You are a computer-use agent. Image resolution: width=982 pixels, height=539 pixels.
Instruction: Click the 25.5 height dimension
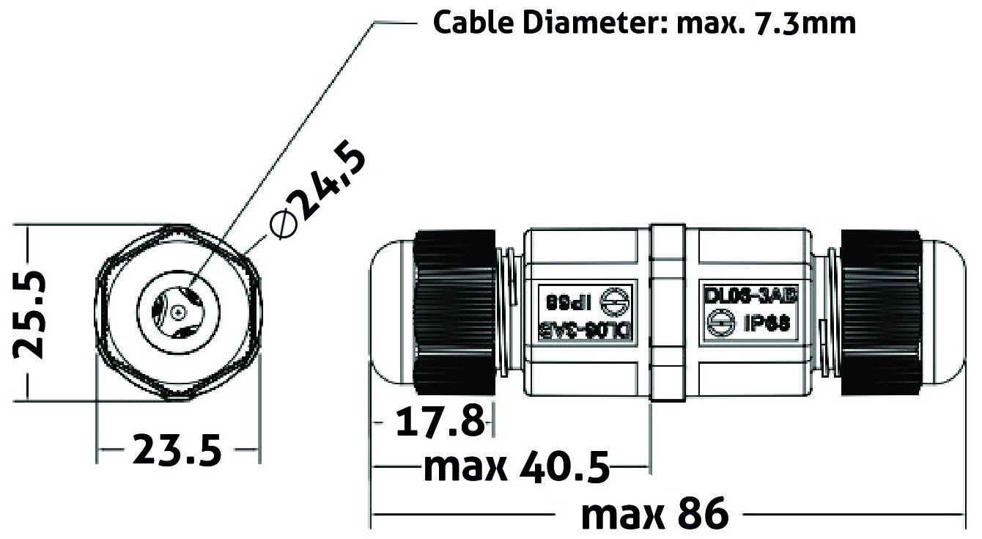click(x=31, y=314)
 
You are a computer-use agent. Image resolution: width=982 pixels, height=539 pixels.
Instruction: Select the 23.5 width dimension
click(x=177, y=450)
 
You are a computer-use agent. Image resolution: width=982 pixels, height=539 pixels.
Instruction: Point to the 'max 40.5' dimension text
click(x=517, y=468)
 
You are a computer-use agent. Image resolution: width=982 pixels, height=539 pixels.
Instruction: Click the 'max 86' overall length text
click(x=655, y=513)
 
